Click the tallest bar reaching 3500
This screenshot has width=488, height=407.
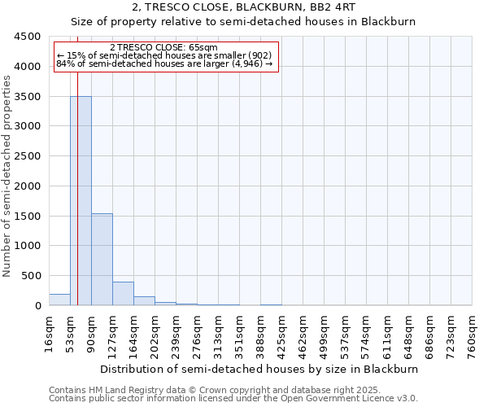point(81,200)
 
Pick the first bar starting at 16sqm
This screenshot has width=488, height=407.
point(59,300)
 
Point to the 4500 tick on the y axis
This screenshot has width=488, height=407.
point(28,37)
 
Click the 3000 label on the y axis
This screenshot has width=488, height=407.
point(28,126)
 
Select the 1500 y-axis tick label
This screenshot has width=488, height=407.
point(28,216)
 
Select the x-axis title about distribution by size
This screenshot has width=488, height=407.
point(260,369)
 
